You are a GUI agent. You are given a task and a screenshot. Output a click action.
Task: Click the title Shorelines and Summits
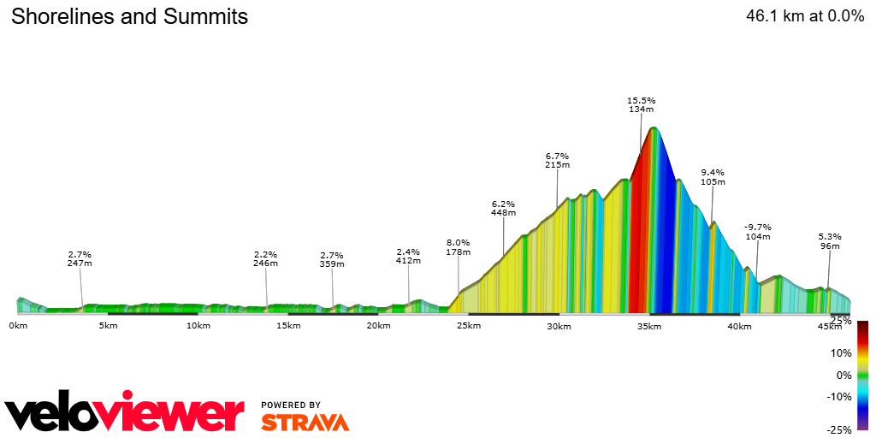[129, 16]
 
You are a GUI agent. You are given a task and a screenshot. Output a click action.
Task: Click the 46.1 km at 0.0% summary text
[805, 16]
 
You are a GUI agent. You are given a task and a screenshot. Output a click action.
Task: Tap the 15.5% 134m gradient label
[641, 104]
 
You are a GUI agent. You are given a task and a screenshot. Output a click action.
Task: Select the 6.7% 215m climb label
[557, 160]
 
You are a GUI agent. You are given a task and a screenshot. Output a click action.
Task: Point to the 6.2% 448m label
[503, 208]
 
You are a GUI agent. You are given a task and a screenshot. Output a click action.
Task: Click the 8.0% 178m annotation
[459, 247]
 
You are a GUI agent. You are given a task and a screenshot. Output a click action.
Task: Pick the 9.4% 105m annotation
[713, 177]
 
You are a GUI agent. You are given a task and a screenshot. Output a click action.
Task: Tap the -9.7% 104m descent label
[758, 231]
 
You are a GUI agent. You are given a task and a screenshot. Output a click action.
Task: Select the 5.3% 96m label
[830, 241]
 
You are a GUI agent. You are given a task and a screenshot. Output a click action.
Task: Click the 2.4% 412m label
[408, 256]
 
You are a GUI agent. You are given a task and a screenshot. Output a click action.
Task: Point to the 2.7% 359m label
[331, 259]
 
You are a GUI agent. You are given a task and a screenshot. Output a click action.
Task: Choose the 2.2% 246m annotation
[266, 258]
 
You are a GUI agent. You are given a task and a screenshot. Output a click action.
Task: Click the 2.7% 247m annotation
[80, 258]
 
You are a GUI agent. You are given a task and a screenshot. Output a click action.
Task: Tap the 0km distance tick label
[18, 326]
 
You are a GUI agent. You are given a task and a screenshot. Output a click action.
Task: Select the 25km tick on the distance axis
[468, 326]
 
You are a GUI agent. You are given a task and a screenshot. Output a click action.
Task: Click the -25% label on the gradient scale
[838, 429]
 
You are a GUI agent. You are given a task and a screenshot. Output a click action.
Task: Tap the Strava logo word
[305, 422]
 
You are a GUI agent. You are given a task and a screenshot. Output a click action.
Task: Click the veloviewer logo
[125, 414]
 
